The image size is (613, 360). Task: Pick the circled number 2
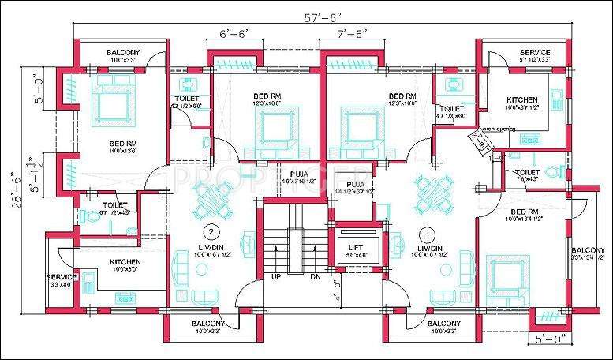tap(211, 231)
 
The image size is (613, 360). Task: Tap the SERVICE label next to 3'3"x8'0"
tap(61, 277)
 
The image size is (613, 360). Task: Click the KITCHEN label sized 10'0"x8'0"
tap(125, 261)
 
